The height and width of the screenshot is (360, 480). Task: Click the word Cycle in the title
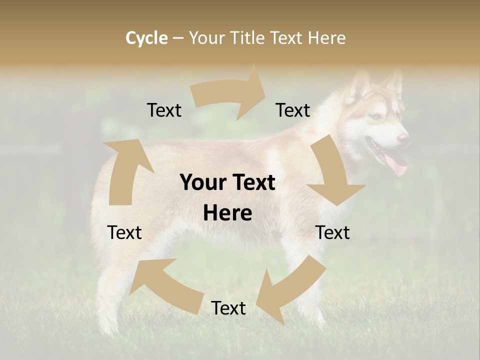(146, 38)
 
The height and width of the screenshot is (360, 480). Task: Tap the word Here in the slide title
(326, 38)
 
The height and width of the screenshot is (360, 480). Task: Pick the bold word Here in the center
(227, 213)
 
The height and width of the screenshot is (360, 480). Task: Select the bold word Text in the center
(252, 183)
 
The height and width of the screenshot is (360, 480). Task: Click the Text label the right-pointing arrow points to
(293, 110)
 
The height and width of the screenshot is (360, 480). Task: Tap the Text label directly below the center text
(228, 308)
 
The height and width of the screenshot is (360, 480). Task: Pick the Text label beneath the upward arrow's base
(124, 232)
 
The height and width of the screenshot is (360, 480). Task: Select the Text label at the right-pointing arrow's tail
(164, 110)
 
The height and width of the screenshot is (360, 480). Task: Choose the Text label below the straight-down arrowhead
(332, 232)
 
